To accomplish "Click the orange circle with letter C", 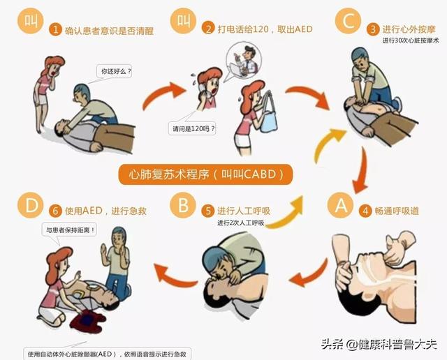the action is point(348,20).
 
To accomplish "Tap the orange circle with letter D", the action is point(31,205).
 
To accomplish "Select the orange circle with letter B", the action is point(183,205).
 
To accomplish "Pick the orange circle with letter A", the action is point(340,205).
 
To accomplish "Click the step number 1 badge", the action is point(55,29).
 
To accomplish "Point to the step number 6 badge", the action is point(55,211).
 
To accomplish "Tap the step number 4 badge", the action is point(365,211).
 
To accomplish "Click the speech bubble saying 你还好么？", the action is point(115,71).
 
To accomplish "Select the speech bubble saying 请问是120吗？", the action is point(192,129).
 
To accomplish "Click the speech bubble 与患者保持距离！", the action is point(69,230).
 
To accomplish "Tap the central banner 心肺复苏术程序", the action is point(205,174).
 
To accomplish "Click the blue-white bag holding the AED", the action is point(268,114).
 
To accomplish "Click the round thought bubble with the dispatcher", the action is point(244,61).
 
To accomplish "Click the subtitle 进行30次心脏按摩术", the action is point(411,40).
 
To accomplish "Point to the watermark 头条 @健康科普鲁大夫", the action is point(379,345).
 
